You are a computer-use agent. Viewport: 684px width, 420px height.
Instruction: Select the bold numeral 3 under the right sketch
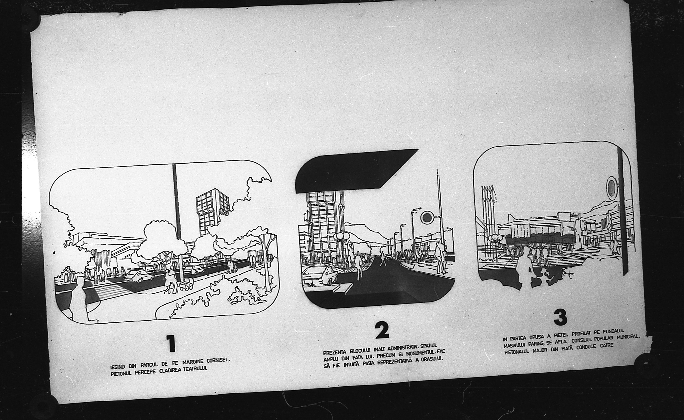click(561, 317)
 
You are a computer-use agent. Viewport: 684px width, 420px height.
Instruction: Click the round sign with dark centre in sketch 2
click(427, 217)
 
